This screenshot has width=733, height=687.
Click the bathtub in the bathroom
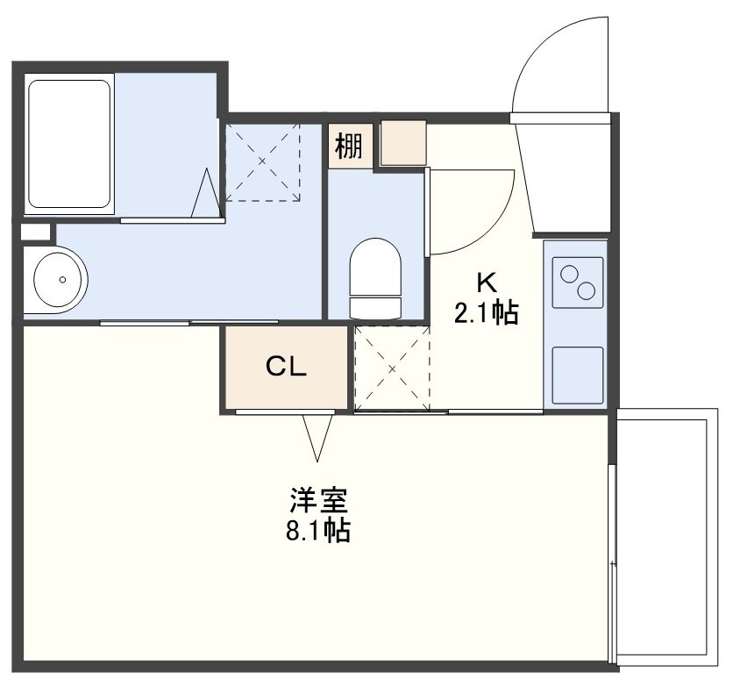pyautogui.click(x=69, y=144)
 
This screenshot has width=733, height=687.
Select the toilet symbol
pyautogui.click(x=375, y=279)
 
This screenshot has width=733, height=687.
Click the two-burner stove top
pyautogui.click(x=578, y=283)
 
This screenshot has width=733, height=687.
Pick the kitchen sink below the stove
pyautogui.click(x=578, y=376)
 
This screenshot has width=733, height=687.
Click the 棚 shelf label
pyautogui.click(x=349, y=146)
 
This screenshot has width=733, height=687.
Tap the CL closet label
pyautogui.click(x=286, y=367)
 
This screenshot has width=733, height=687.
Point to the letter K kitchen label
pyautogui.click(x=486, y=282)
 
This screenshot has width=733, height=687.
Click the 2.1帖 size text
pyautogui.click(x=486, y=312)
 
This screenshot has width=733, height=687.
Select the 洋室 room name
pyautogui.click(x=318, y=500)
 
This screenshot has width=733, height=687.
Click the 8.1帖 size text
pyautogui.click(x=318, y=530)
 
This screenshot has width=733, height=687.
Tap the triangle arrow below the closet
pyautogui.click(x=317, y=437)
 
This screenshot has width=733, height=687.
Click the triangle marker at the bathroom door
pyautogui.click(x=206, y=193)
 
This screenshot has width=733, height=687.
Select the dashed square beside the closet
pyautogui.click(x=392, y=369)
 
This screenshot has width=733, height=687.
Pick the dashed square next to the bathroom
pyautogui.click(x=262, y=162)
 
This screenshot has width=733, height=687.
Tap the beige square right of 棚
pyautogui.click(x=403, y=143)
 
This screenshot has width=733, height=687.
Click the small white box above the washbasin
pyautogui.click(x=36, y=233)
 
